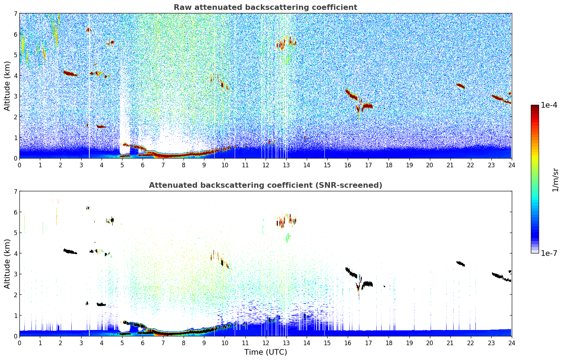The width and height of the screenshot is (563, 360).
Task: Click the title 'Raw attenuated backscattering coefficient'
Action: (x=265, y=7)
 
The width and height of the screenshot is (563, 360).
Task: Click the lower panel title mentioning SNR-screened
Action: (x=265, y=185)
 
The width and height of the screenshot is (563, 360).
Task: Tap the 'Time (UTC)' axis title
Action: (x=265, y=352)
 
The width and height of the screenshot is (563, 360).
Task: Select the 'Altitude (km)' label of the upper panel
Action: (x=7, y=86)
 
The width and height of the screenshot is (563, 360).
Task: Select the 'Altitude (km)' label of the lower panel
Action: (x=7, y=264)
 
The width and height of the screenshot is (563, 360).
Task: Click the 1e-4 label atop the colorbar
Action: (x=549, y=105)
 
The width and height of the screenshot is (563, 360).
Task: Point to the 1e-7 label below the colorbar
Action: (x=549, y=253)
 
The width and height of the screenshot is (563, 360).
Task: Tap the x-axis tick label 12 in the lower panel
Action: (x=265, y=343)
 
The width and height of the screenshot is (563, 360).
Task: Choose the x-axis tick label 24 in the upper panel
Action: (x=511, y=165)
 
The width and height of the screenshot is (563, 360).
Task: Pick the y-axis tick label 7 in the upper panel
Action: (x=15, y=14)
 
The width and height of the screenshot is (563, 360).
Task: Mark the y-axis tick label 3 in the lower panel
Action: (x=15, y=274)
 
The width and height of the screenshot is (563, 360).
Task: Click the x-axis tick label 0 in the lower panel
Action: (x=19, y=343)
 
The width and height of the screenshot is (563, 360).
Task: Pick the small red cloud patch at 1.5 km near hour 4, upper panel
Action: (x=101, y=126)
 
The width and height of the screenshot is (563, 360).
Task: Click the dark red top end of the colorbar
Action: (x=534, y=107)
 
